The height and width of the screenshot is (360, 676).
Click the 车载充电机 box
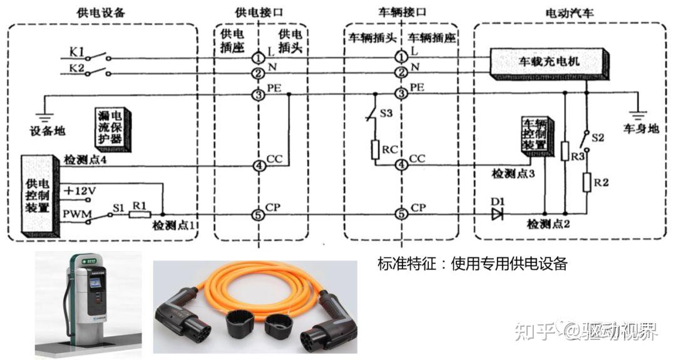pos(549,62)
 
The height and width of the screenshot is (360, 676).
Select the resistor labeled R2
pos(587,182)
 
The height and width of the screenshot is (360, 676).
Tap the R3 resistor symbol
pos(565,151)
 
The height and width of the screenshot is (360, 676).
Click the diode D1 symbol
pos(498,215)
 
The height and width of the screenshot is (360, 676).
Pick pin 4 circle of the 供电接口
pos(259,166)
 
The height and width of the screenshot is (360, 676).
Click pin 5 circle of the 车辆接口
pos(401,215)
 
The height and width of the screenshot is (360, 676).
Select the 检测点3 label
pos(513,173)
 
